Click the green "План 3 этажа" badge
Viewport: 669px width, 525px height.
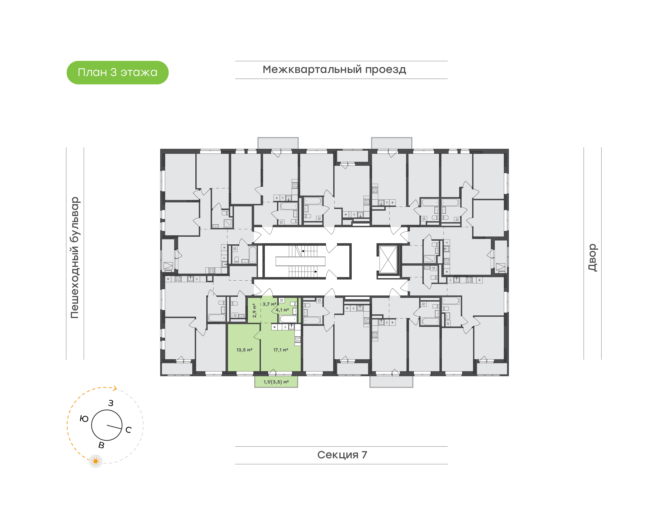click(117, 72)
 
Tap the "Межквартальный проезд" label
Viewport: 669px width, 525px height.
click(334, 69)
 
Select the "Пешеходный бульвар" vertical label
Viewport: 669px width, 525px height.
click(75, 258)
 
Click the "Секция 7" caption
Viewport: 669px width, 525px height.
click(342, 455)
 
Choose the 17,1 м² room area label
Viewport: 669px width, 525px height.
click(281, 350)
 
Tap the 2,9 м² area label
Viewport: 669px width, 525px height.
click(254, 310)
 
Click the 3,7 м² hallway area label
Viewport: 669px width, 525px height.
click(269, 304)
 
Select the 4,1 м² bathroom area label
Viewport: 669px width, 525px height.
click(282, 310)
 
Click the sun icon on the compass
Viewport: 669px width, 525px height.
click(95, 461)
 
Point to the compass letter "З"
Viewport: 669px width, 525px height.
click(111, 403)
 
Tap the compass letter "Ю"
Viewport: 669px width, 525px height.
click(84, 419)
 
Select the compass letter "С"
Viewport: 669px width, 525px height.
click(128, 430)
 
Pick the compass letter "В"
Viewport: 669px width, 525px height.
click(101, 445)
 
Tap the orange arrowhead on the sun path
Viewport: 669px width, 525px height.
click(115, 389)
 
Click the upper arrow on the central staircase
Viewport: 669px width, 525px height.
click(303, 251)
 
